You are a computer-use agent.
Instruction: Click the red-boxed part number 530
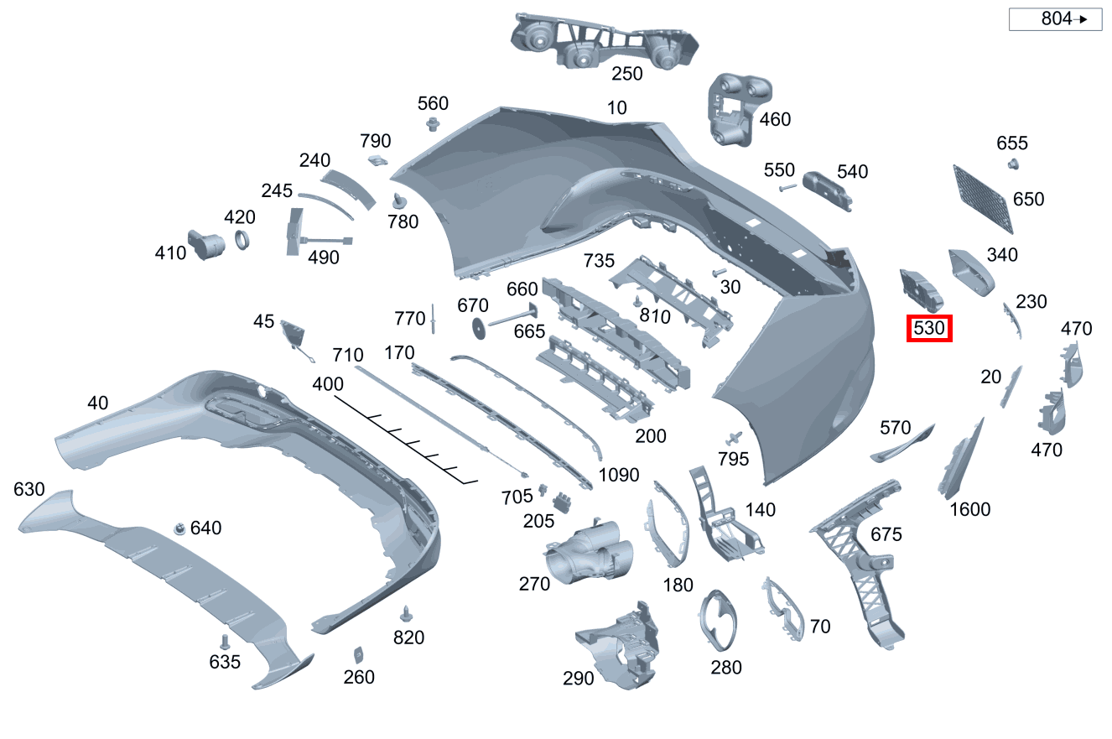tap(929, 329)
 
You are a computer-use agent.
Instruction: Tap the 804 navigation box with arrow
tap(1054, 18)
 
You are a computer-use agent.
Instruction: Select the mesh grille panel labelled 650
tap(984, 198)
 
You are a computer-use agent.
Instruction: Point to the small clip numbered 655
tap(1012, 163)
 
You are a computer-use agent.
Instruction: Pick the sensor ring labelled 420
tap(242, 240)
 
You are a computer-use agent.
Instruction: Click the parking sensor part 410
tap(205, 244)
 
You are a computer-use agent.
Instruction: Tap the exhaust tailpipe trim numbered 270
tap(590, 558)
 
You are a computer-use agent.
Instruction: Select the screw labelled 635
tap(225, 643)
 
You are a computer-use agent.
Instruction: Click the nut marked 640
tap(179, 528)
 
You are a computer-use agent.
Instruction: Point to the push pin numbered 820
tap(408, 613)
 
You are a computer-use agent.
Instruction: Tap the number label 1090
tap(619, 475)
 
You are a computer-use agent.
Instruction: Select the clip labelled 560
tap(433, 126)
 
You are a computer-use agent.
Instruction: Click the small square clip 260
tap(358, 653)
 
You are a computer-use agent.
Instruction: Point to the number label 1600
tap(969, 509)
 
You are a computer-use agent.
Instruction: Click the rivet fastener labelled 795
tap(735, 438)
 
